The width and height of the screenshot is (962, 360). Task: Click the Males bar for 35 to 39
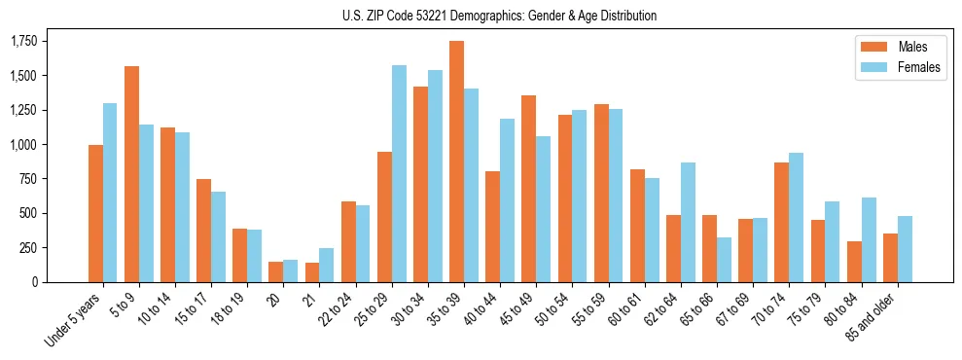(456, 162)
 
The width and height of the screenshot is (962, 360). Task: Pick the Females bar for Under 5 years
(110, 193)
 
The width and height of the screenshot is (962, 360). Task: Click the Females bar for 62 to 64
(688, 222)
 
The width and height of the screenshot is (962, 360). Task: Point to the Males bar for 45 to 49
(528, 189)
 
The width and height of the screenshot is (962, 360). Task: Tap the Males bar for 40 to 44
(492, 227)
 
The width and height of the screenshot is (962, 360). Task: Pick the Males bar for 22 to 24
(348, 241)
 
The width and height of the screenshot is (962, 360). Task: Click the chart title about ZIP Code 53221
(499, 16)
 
